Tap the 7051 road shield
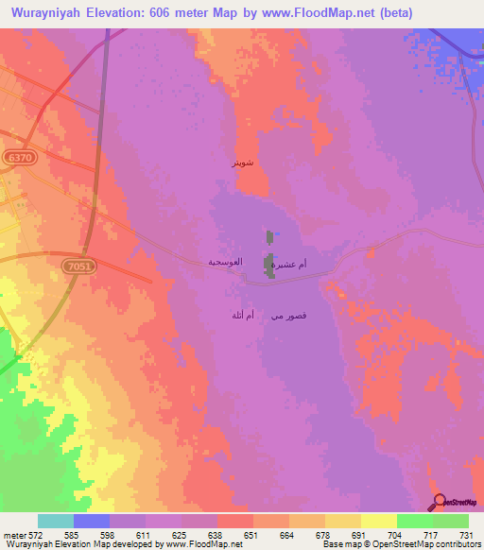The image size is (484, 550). tap(78, 267)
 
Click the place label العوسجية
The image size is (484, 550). tap(227, 261)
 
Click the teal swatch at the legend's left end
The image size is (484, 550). tap(56, 521)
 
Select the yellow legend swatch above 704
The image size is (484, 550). tap(379, 521)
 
